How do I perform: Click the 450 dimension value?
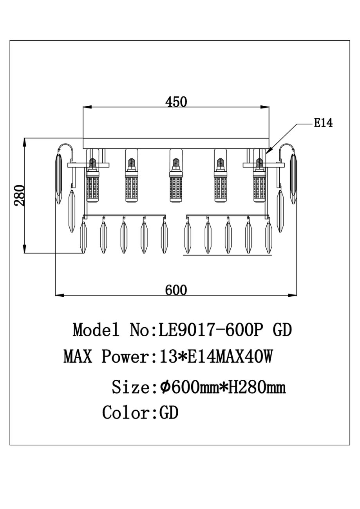176,102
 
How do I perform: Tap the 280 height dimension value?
19,195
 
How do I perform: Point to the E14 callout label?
323,123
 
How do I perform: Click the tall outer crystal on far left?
59,179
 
